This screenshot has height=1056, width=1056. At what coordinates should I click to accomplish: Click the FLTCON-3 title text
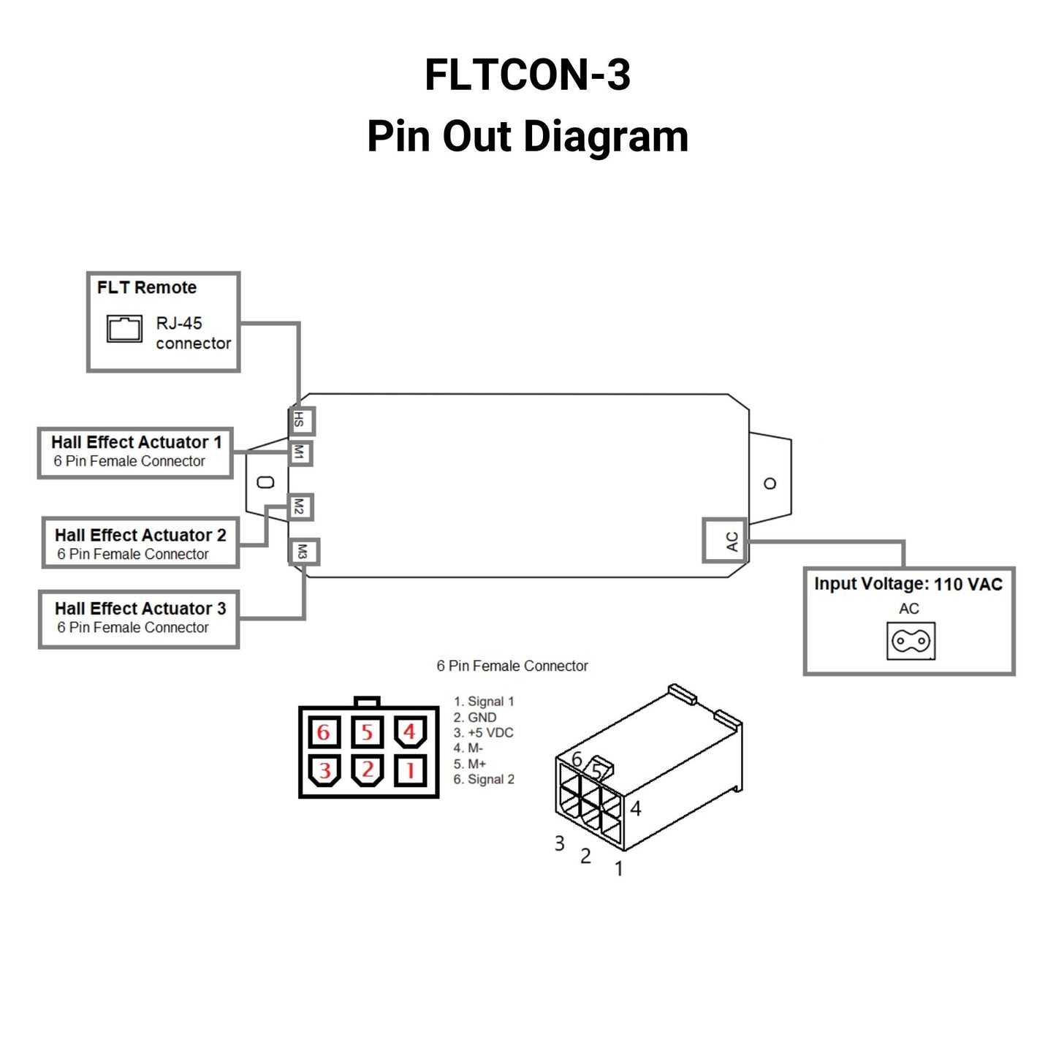point(528,75)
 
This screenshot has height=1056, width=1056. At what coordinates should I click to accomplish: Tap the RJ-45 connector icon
point(124,329)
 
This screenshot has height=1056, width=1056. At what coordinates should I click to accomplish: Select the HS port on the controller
point(300,421)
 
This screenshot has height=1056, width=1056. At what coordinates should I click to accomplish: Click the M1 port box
point(300,453)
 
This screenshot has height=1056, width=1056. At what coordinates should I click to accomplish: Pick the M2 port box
point(300,506)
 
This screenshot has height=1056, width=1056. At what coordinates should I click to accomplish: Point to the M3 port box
point(303,552)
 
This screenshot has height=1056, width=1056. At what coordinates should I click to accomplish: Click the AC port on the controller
point(725,541)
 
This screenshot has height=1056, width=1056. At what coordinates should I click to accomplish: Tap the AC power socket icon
point(911,641)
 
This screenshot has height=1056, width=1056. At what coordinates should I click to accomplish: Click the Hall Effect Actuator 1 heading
point(137,442)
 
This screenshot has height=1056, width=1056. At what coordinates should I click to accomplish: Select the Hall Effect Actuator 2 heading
point(140,535)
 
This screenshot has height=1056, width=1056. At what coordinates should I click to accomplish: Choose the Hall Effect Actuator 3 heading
point(140,608)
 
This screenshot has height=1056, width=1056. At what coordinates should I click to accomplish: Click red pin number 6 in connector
point(324,732)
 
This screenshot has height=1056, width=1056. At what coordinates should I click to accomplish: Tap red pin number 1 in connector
point(410,770)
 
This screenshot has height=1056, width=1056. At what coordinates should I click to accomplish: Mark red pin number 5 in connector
point(367,732)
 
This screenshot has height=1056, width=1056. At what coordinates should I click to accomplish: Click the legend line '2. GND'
point(475,718)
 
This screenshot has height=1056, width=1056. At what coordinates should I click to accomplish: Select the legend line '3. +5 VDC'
point(483,733)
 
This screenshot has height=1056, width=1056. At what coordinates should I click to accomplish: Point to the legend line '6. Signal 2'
point(483,780)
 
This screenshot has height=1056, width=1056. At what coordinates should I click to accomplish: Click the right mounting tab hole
point(770,484)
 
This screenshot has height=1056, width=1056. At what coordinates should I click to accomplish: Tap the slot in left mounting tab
point(266,482)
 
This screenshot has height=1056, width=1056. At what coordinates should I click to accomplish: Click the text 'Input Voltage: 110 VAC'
point(908,584)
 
